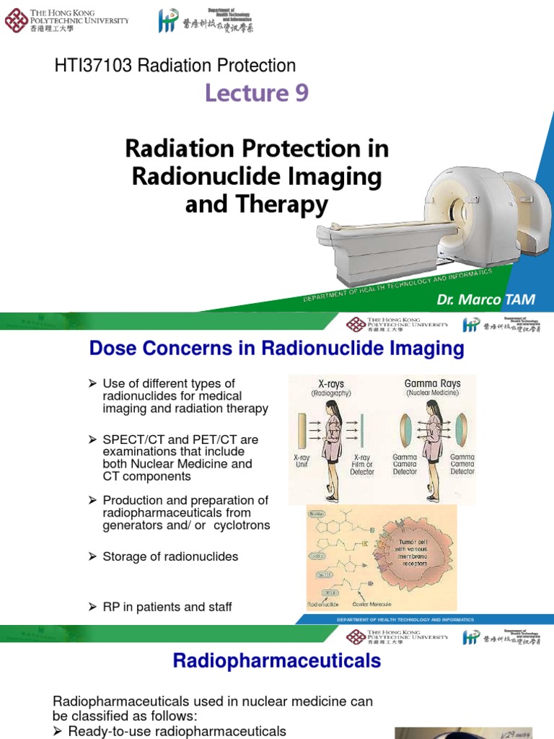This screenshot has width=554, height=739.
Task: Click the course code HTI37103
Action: tap(94, 66)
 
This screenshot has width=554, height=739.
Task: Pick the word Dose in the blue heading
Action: tap(112, 349)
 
